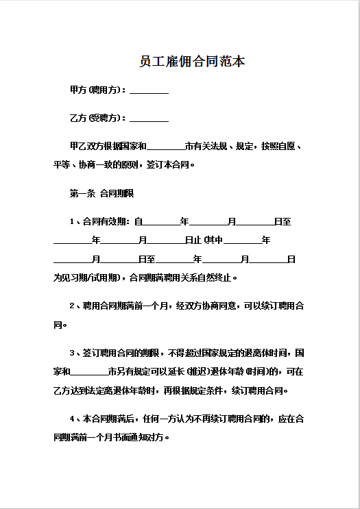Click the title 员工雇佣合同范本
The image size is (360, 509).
[191, 62]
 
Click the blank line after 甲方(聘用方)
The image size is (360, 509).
[149, 91]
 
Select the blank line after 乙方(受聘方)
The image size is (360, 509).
[149, 119]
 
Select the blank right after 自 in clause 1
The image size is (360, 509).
[160, 222]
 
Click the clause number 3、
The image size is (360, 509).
[75, 353]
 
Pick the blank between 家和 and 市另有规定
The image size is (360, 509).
[89, 372]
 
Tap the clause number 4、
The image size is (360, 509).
[75, 419]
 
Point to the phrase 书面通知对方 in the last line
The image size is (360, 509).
[141, 437]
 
